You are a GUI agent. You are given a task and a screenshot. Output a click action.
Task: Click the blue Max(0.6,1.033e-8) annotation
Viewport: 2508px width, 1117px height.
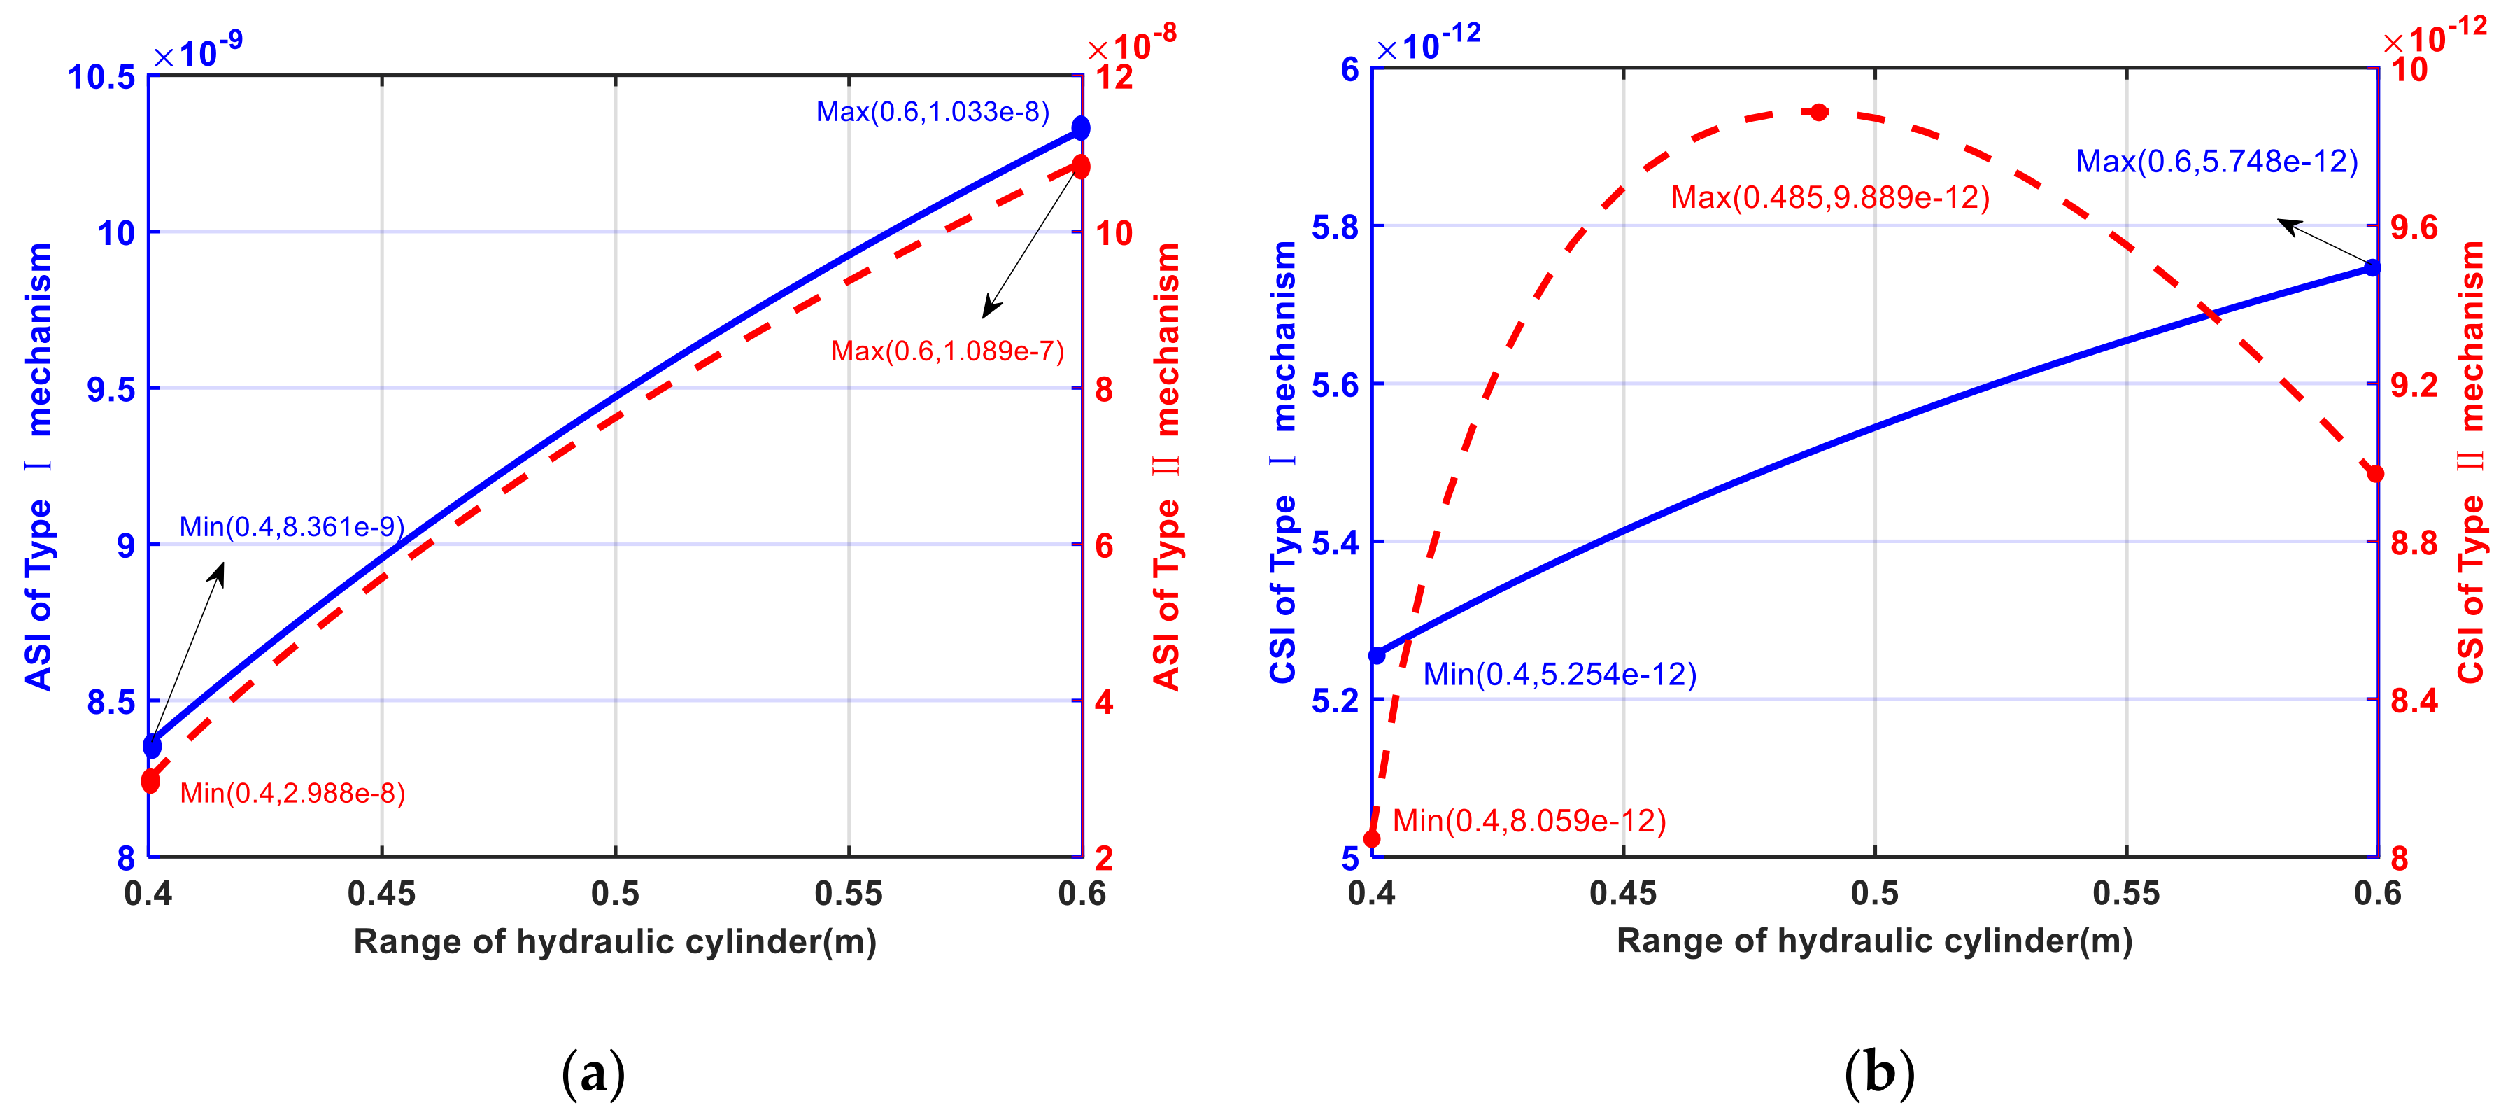click(932, 112)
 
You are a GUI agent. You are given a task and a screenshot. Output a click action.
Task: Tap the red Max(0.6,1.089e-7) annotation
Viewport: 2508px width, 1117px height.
click(947, 351)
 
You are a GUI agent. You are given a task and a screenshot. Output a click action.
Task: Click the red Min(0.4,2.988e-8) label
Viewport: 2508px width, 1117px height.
click(292, 793)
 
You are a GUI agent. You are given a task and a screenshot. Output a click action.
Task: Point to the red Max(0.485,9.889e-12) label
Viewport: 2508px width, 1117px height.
click(1829, 197)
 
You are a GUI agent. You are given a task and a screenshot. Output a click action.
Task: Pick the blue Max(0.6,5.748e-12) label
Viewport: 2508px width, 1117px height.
click(2216, 162)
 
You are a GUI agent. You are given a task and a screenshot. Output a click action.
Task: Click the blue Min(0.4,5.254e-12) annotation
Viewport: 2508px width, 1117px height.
click(1559, 674)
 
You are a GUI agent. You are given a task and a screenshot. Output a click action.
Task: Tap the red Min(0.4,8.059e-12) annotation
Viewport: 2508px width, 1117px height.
click(1529, 821)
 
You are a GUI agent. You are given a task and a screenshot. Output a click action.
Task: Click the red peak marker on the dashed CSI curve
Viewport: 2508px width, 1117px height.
click(1819, 112)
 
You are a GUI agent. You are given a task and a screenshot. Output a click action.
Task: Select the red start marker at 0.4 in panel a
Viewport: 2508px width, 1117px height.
click(150, 781)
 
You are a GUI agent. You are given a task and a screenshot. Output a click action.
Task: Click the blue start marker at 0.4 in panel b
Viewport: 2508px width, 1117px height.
click(1377, 655)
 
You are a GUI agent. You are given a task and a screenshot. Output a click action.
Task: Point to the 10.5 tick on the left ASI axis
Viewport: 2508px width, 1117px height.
click(101, 77)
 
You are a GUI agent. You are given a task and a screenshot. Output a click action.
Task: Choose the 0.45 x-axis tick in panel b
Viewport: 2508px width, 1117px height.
click(1623, 893)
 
